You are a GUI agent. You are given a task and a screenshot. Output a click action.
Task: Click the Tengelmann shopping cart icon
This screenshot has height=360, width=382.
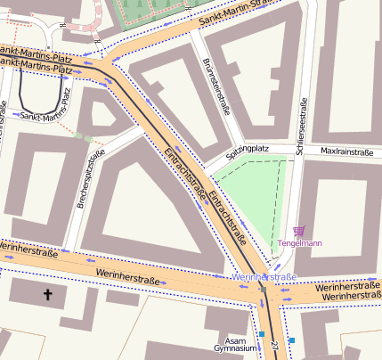coord(298,231)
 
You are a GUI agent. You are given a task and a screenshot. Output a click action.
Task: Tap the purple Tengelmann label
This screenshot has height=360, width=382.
coord(300,243)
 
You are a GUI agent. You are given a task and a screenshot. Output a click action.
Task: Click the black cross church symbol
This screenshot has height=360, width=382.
coord(47,293)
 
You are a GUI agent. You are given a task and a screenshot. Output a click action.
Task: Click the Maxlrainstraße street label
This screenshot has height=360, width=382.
coord(346,152)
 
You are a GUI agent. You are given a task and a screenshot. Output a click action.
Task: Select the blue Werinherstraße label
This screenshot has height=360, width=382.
coord(263,278)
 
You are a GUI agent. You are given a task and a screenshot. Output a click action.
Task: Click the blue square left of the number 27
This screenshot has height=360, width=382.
coord(262,335)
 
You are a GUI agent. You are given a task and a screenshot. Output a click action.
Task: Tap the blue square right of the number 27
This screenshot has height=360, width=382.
coord(291,340)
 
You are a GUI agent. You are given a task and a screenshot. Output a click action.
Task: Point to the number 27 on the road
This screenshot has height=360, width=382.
coord(275,344)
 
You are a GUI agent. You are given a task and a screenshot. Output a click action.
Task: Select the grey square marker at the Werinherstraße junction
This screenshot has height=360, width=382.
coord(263,289)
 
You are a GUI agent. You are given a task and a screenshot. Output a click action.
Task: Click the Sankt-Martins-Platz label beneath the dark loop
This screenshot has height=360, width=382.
coord(41,116)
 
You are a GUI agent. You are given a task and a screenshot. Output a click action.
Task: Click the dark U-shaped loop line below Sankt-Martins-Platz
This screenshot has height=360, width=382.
coord(40,99)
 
